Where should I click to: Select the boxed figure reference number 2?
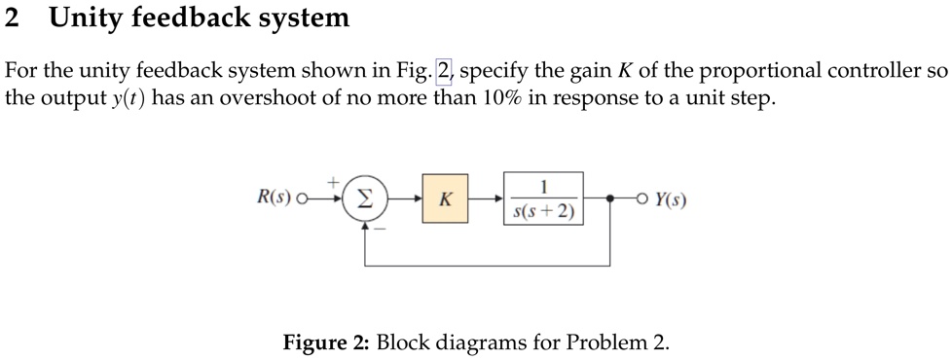[445, 71]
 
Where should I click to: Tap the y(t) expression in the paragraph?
[128, 99]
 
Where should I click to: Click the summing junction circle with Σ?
[365, 199]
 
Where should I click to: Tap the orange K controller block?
[445, 199]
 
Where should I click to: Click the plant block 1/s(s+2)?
[544, 198]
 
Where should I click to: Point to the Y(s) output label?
[671, 199]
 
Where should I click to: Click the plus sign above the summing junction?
[333, 181]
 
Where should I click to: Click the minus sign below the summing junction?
[380, 231]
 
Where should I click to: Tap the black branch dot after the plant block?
[610, 199]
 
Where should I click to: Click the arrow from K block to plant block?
[486, 199]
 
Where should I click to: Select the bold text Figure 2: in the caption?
[325, 342]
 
